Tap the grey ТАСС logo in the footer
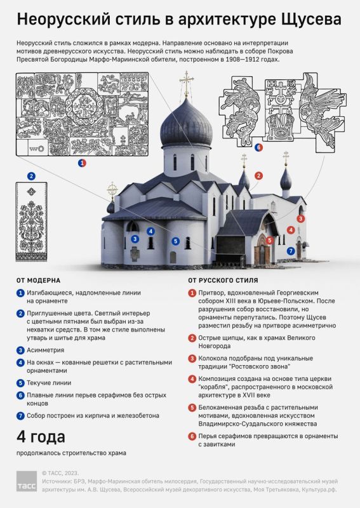[27, 481]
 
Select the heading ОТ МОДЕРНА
[38, 281]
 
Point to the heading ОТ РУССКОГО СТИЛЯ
[223, 281]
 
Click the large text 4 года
[41, 437]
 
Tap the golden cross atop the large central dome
[186, 83]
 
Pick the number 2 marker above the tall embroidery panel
[31, 177]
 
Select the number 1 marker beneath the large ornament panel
[82, 163]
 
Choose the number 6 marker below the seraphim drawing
[258, 147]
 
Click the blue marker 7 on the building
[291, 251]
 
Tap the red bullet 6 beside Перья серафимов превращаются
[192, 436]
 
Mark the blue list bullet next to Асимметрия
[20, 351]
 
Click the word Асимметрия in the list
[45, 351]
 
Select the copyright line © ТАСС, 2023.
[60, 473]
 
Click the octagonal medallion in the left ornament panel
[84, 105]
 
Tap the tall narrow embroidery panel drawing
[31, 222]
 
